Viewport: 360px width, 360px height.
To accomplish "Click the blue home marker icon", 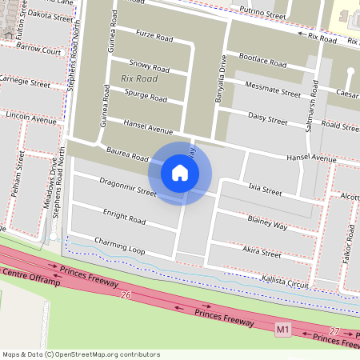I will click(180, 173).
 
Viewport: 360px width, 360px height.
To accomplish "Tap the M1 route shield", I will click(282, 329).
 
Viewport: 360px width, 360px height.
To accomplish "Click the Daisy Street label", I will click(267, 120).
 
